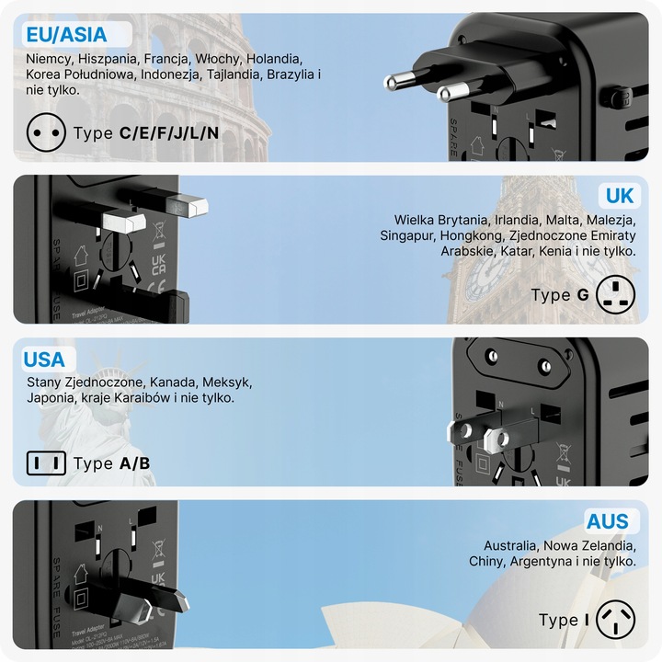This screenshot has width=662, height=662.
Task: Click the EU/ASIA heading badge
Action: [67, 35]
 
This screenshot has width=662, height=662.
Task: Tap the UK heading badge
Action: [619, 195]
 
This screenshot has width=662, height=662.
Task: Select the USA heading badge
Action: [44, 360]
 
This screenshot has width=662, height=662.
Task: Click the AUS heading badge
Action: [608, 521]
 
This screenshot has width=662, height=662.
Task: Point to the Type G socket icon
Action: [615, 295]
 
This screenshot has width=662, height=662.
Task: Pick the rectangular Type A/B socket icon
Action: [45, 463]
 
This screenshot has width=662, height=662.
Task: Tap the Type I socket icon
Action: [615, 620]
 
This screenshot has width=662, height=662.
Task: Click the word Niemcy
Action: [49, 59]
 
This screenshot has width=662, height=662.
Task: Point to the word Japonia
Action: [51, 398]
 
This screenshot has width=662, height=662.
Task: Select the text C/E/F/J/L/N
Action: [169, 132]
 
